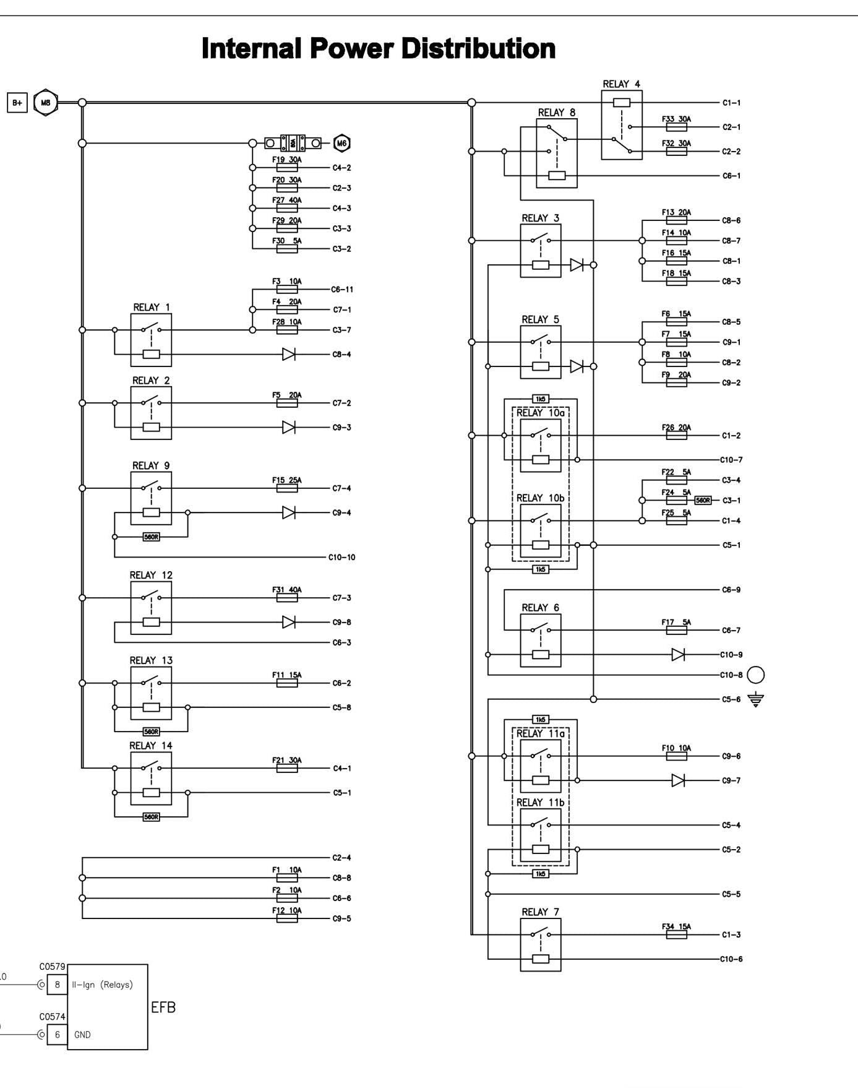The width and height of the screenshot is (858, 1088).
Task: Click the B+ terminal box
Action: coord(17,103)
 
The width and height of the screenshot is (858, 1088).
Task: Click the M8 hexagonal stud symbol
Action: coord(45,103)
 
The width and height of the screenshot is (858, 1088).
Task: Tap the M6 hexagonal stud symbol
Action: coord(341,144)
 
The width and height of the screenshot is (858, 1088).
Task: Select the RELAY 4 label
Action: coord(621,84)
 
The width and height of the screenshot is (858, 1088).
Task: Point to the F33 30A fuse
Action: coord(676,127)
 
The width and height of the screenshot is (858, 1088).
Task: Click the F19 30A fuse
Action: coord(287,168)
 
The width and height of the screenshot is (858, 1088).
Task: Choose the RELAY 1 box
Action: coord(151,340)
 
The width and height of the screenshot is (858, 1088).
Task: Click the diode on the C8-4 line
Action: coord(288,355)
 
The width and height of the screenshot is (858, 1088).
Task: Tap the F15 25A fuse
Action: coord(287,488)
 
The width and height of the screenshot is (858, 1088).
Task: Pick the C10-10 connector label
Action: coord(341,558)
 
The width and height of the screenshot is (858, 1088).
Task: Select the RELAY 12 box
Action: coord(151,608)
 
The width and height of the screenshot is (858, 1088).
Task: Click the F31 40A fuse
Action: coord(287,598)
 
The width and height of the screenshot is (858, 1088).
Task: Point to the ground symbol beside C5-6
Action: coord(755,700)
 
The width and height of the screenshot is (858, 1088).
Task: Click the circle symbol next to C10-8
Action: coord(756,675)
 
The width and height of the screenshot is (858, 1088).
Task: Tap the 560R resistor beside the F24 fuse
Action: coord(703,500)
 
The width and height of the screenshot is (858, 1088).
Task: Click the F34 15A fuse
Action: coord(676,935)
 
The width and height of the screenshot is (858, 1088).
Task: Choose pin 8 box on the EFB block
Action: coord(57,985)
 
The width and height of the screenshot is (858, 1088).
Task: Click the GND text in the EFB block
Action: coord(82,1034)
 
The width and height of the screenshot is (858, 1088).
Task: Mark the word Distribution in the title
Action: coord(478,48)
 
